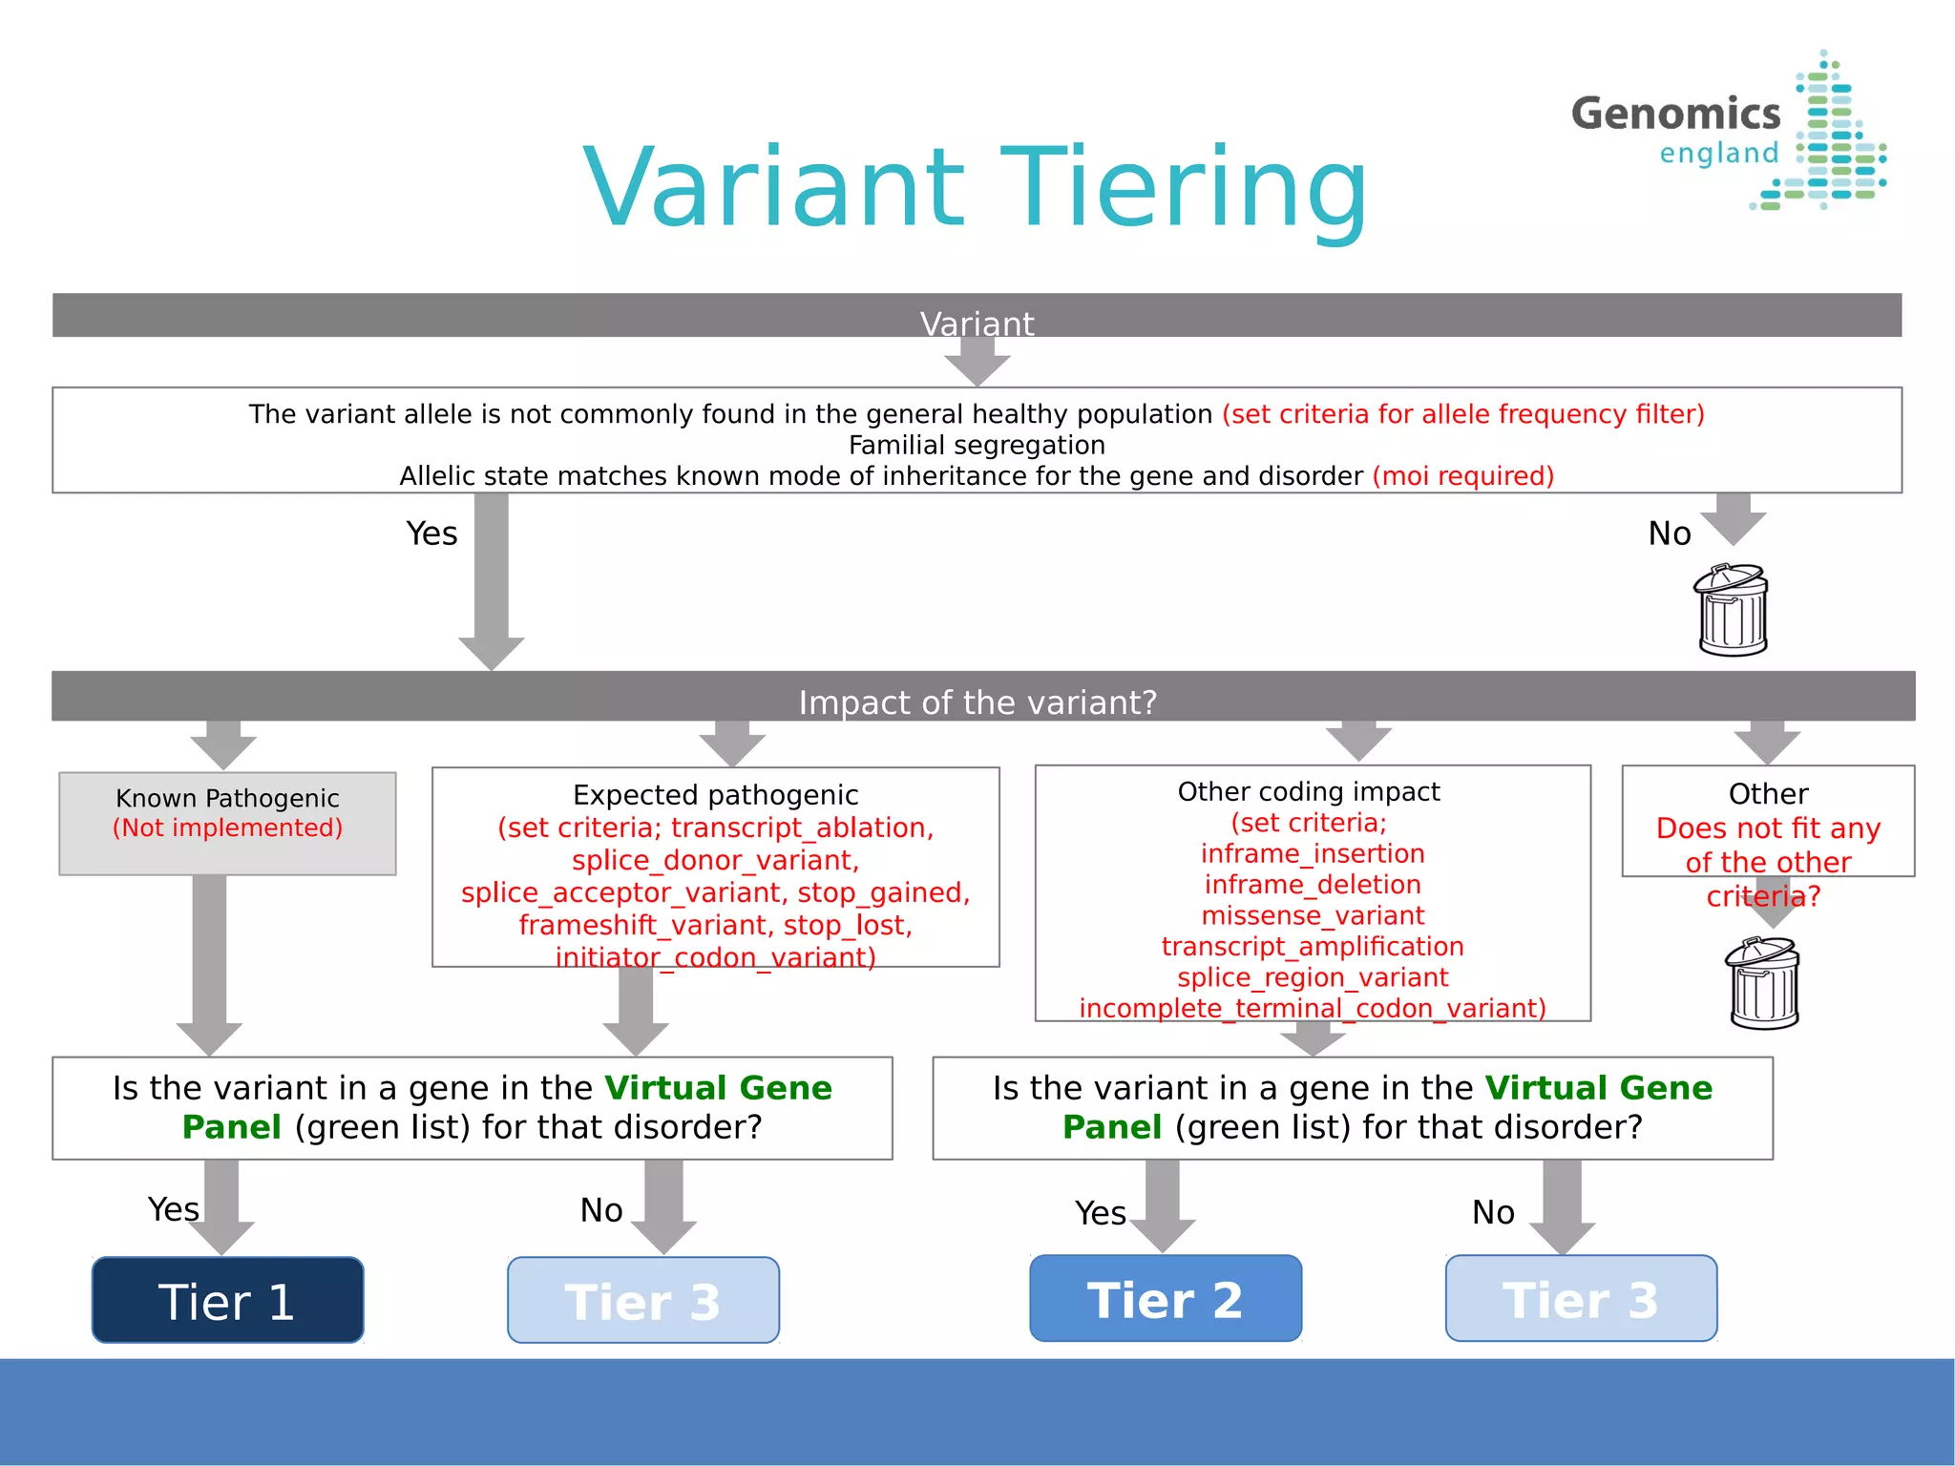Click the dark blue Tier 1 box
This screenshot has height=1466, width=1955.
click(x=227, y=1300)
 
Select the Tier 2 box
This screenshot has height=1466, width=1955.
click(x=1165, y=1298)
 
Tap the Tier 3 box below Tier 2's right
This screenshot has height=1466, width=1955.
click(x=1581, y=1298)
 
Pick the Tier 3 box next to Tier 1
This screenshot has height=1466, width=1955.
click(x=642, y=1300)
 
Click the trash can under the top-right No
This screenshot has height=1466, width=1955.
click(x=1732, y=611)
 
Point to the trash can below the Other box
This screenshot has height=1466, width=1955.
click(x=1763, y=983)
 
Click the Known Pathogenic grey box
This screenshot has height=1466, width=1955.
click(x=227, y=823)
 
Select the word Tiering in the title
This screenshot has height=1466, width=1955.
click(x=1184, y=188)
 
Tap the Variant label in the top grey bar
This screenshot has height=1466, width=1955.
click(x=977, y=324)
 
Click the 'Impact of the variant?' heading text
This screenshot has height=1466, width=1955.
click(x=977, y=702)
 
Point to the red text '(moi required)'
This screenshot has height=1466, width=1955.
click(x=1462, y=475)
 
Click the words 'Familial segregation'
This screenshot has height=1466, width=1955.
click(x=977, y=445)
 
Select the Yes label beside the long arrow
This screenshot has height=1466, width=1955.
click(x=431, y=534)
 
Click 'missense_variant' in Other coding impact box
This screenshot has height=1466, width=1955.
click(x=1313, y=915)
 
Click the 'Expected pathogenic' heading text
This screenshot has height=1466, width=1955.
click(x=715, y=794)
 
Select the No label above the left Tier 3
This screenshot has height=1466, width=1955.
click(x=601, y=1210)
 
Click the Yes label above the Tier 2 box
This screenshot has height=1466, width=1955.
click(x=1100, y=1213)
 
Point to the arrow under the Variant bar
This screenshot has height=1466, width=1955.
click(x=977, y=362)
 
